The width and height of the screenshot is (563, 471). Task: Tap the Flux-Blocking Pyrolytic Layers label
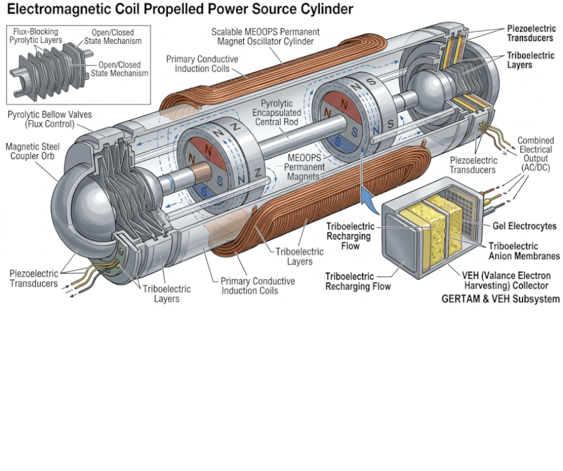[35, 36]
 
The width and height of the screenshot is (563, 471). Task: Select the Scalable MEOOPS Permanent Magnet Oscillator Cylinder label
[265, 37]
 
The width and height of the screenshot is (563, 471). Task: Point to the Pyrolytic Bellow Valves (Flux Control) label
[50, 119]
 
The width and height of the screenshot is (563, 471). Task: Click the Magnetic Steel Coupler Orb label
[32, 151]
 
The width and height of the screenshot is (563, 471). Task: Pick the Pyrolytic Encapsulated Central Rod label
[276, 112]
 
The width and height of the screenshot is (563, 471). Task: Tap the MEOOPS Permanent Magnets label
[304, 167]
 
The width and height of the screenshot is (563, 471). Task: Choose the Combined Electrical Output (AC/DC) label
[535, 154]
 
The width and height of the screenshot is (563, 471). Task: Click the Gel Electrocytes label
[524, 226]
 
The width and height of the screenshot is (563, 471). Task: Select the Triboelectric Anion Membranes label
[524, 251]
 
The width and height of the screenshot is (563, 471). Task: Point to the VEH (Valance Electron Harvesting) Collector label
[506, 280]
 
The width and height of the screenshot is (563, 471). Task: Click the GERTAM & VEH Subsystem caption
[501, 298]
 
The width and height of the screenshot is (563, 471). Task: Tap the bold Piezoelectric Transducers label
[530, 33]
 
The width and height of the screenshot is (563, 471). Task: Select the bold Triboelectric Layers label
[530, 60]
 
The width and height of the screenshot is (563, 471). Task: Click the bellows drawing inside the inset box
[50, 70]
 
